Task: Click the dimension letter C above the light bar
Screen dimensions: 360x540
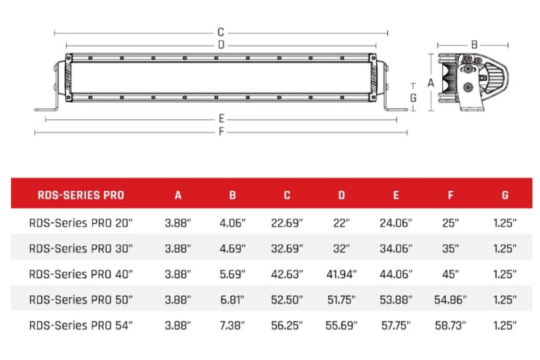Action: click(x=221, y=33)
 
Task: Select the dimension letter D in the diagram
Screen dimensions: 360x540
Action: click(x=221, y=45)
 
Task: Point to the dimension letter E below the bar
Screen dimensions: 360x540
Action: click(x=221, y=119)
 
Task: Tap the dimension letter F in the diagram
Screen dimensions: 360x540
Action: click(x=221, y=131)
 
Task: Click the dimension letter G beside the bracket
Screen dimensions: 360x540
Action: click(x=413, y=98)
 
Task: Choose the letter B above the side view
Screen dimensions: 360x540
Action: click(x=474, y=45)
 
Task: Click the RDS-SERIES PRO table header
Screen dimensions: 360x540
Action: click(x=80, y=196)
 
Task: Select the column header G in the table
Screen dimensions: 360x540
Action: click(x=505, y=196)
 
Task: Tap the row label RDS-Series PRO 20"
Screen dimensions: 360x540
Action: click(x=81, y=223)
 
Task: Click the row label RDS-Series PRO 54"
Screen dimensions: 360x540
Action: click(x=81, y=325)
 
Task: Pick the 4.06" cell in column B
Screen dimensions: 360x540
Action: click(x=233, y=223)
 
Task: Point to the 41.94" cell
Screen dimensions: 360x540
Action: click(x=341, y=274)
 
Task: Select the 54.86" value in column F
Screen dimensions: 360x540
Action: click(x=450, y=300)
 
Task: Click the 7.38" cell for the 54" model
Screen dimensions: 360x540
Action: click(x=233, y=325)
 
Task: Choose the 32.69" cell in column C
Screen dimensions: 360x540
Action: click(x=287, y=249)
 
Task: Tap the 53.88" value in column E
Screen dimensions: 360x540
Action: click(x=396, y=300)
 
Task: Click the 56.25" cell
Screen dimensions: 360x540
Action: click(x=287, y=325)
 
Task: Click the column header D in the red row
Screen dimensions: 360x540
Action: click(x=341, y=196)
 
